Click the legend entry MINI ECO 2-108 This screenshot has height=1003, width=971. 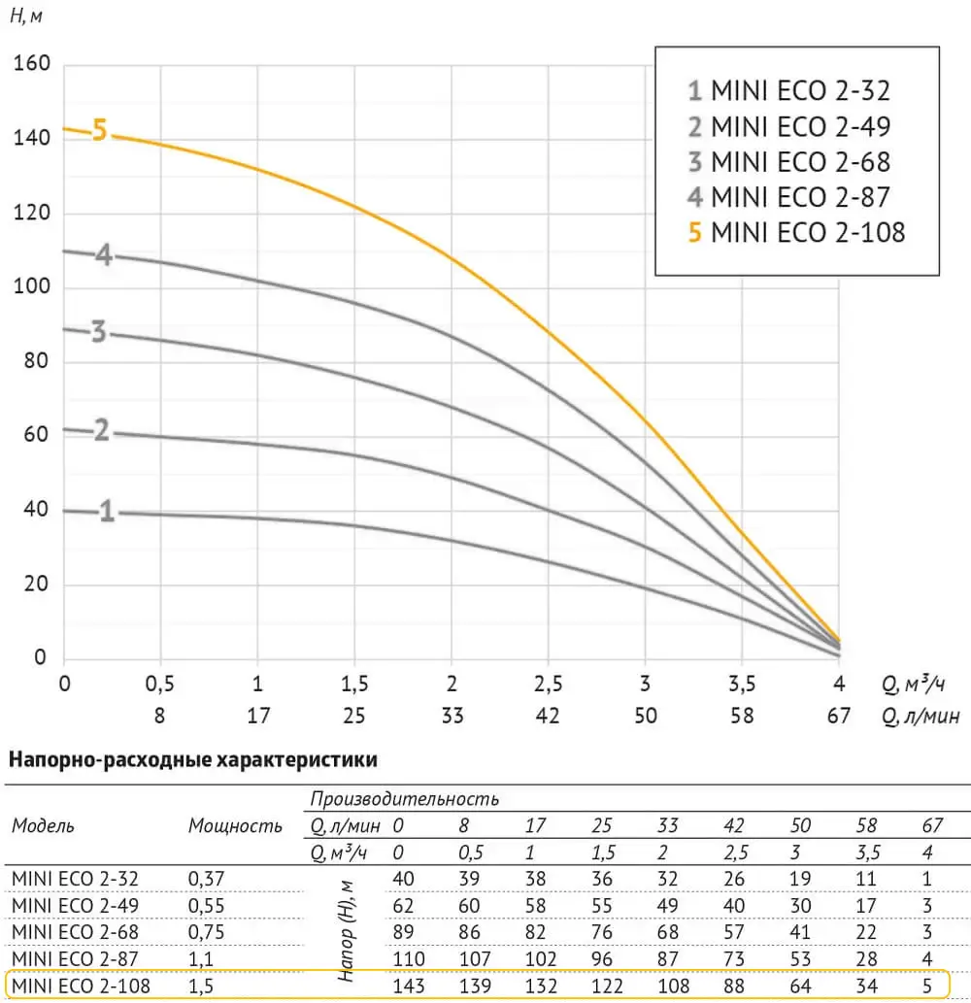point(795,232)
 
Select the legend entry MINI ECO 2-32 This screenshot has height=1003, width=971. point(787,92)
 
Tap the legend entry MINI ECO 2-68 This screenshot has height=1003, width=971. point(787,162)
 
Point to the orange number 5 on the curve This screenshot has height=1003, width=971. point(99,130)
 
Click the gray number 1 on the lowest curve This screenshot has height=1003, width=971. point(107,512)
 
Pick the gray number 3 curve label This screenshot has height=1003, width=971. point(98,333)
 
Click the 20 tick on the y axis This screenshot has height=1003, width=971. point(35,585)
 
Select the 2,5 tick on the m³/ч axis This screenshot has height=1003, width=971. point(548,684)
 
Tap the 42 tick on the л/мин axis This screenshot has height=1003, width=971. point(548,717)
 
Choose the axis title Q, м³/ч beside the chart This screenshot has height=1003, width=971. point(914,685)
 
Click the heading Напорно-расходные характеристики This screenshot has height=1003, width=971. point(192,759)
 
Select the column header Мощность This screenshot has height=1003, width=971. point(235,826)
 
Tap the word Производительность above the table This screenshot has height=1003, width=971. point(405,799)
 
